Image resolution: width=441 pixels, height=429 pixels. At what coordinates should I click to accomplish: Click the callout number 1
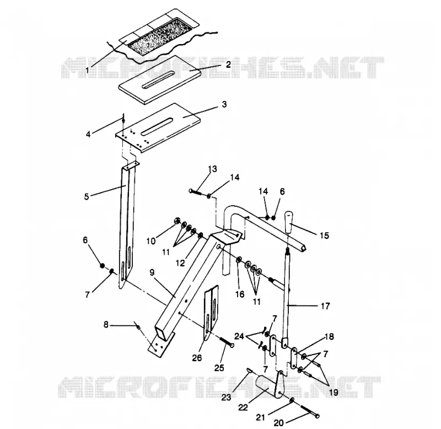tap(87, 70)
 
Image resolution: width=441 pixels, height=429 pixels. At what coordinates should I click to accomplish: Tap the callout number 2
tap(228, 65)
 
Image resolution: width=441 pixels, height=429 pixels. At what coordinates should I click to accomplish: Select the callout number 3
tap(224, 104)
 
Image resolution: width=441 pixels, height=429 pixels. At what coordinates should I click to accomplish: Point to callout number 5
tap(87, 196)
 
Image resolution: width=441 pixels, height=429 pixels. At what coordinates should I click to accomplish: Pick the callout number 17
tap(325, 306)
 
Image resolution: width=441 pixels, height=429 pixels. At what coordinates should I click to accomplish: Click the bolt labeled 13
tap(196, 192)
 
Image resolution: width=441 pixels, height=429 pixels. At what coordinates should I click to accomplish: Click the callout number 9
tap(152, 272)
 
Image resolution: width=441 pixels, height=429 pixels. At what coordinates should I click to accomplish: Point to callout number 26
tap(197, 357)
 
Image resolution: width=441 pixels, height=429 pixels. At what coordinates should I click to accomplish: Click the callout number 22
tap(243, 407)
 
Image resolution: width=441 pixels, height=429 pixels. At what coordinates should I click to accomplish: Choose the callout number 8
tap(106, 325)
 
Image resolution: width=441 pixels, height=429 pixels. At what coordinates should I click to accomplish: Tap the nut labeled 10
tap(177, 221)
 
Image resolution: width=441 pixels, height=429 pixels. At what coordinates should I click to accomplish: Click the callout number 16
tap(240, 294)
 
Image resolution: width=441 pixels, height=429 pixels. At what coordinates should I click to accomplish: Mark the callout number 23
tap(226, 397)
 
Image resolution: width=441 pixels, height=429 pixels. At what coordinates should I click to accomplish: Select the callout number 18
tap(329, 336)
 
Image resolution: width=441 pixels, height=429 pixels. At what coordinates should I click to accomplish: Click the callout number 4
tap(88, 134)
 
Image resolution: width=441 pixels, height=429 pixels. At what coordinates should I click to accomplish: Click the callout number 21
tap(260, 417)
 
